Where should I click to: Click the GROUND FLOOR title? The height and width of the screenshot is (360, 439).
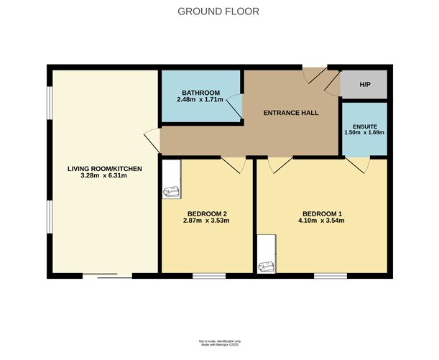click(219, 11)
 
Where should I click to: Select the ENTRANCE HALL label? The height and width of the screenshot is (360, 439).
click(291, 113)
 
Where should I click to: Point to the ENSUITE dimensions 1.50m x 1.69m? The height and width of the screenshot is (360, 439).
click(364, 132)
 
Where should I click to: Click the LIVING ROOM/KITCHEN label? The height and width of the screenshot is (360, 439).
click(105, 169)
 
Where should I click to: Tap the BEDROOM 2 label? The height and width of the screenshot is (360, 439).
click(208, 213)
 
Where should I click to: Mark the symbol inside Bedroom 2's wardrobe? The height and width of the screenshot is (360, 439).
click(171, 191)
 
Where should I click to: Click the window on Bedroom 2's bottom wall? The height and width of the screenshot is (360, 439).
click(208, 275)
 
